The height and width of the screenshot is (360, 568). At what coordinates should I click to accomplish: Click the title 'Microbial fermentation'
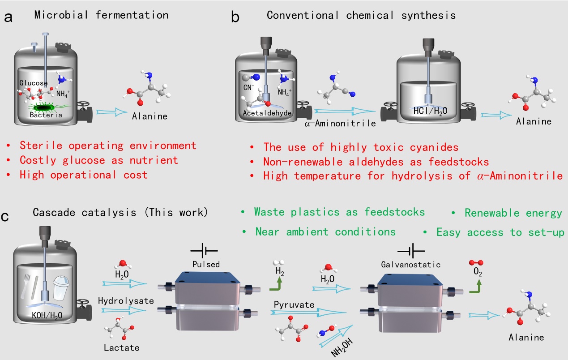(101, 15)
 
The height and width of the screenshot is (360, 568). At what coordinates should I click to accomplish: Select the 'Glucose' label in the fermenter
(33, 83)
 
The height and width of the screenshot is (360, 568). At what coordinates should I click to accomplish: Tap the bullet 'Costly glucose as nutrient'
(98, 160)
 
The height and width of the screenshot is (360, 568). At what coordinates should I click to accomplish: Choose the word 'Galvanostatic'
(410, 265)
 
